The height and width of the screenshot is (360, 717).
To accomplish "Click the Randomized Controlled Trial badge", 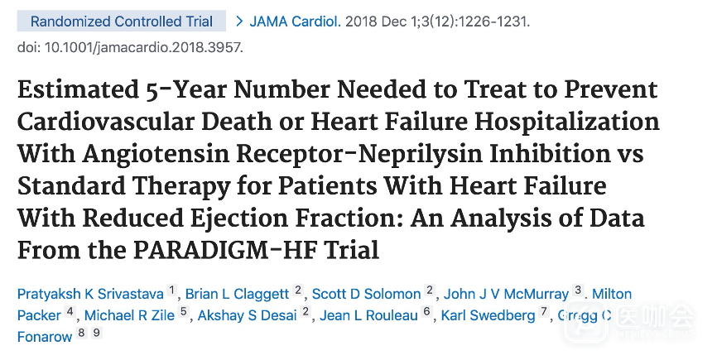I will point(122,22).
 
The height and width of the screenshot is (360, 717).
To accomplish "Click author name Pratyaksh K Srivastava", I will point(91,294).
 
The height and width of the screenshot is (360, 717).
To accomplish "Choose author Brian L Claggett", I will point(237,294).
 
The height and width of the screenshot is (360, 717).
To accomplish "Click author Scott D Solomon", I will point(368,294).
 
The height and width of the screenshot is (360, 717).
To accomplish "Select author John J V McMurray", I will point(506,294).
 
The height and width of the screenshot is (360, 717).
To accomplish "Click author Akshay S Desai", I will point(248,315).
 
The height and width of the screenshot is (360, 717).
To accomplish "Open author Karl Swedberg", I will point(488,315).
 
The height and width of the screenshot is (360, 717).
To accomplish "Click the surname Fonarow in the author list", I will point(45,337).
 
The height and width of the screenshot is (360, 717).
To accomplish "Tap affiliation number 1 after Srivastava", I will point(172,290).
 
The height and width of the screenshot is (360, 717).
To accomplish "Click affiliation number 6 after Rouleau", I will point(427,312).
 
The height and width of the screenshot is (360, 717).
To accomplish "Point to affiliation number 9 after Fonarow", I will point(96,334).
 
